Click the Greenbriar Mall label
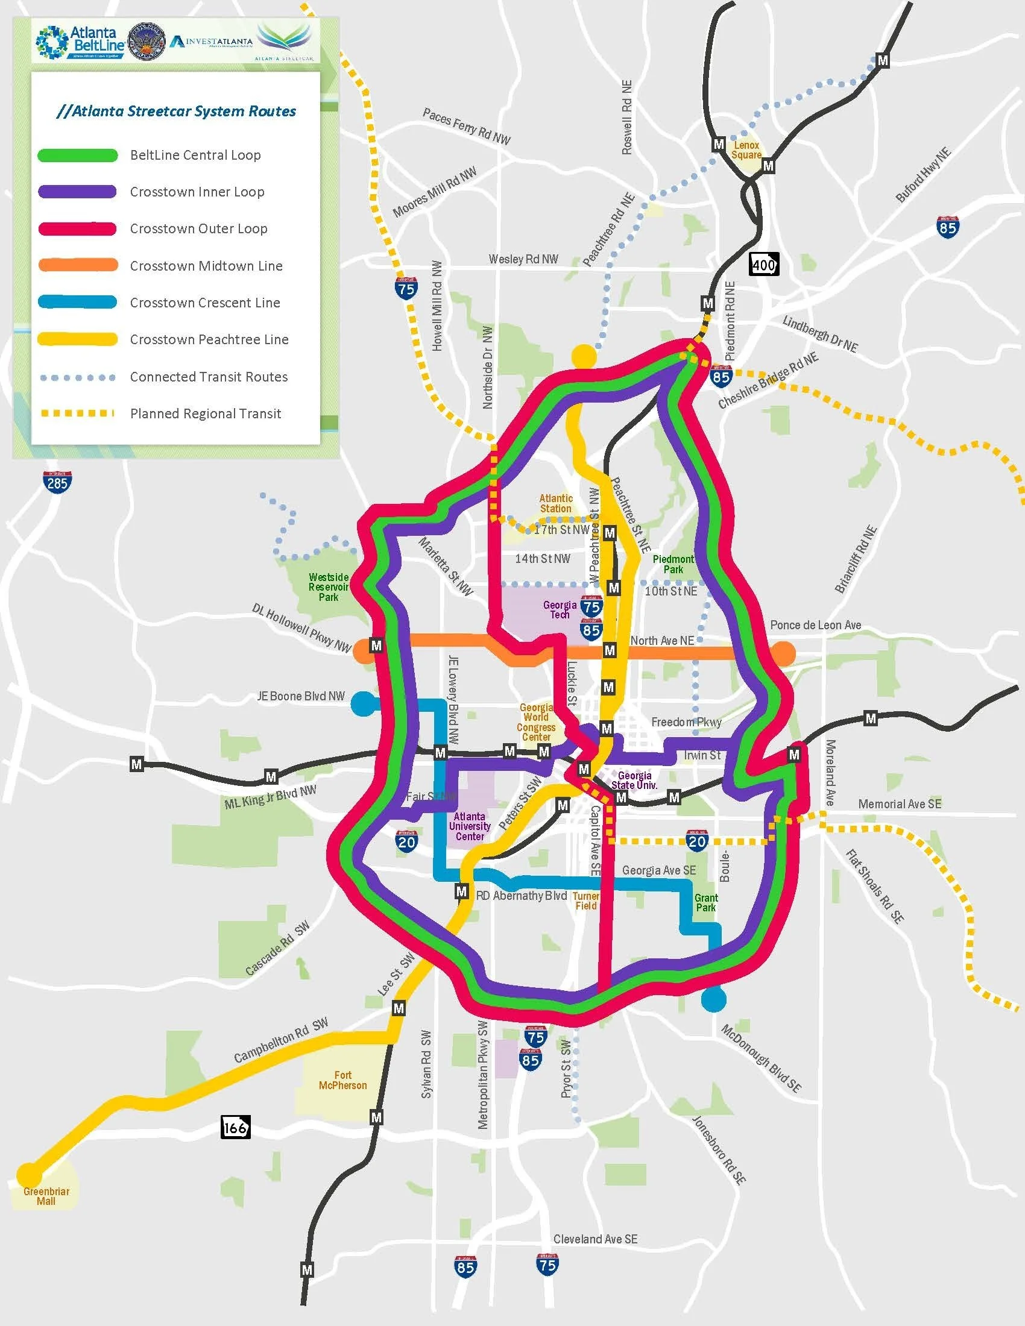[x=46, y=1196]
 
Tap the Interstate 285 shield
[x=57, y=482]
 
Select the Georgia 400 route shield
[x=763, y=264]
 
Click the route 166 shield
[x=235, y=1128]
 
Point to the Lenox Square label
[x=746, y=150]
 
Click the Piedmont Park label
[x=673, y=564]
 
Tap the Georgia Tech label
[x=560, y=609]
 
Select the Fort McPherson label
[x=342, y=1080]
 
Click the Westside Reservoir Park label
[x=329, y=587]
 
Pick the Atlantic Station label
[x=556, y=503]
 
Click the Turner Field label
[x=586, y=901]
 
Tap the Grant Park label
[x=706, y=902]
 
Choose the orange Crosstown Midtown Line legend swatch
[x=78, y=265]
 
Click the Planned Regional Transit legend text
[x=205, y=413]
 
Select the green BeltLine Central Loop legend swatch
[x=78, y=155]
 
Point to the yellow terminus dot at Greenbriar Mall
[x=28, y=1174]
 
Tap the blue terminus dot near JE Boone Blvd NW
[x=363, y=703]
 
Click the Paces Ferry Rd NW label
[x=466, y=127]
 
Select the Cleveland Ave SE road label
[x=595, y=1239]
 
